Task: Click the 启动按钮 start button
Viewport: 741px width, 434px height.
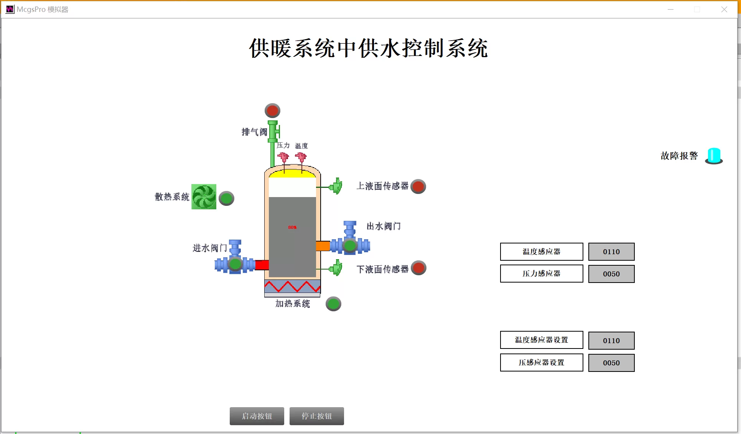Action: [x=257, y=416]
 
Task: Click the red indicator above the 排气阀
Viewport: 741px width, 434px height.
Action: [x=272, y=111]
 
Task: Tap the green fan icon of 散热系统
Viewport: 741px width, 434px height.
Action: [x=204, y=197]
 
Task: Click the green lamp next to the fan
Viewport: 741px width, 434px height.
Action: [x=226, y=198]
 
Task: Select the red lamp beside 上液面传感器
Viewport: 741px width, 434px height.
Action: [x=418, y=186]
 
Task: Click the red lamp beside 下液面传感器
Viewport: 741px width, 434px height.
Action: [x=418, y=268]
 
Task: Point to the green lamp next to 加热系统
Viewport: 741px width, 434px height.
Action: [x=333, y=304]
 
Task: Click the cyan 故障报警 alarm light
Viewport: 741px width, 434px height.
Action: [x=714, y=156]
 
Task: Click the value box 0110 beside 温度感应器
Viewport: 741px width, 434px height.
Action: [x=611, y=252]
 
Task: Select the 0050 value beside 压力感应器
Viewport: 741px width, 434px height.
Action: [x=611, y=274]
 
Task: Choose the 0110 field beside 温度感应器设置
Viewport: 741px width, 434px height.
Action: [x=611, y=340]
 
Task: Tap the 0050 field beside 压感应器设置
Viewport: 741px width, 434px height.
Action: [x=611, y=363]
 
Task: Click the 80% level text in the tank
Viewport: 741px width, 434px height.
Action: [x=292, y=227]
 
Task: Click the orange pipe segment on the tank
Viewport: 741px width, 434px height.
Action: [x=323, y=246]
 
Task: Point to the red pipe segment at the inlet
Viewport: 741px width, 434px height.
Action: [x=262, y=265]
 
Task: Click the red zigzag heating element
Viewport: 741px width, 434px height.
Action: [x=292, y=286]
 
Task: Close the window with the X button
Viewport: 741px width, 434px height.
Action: [x=724, y=9]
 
